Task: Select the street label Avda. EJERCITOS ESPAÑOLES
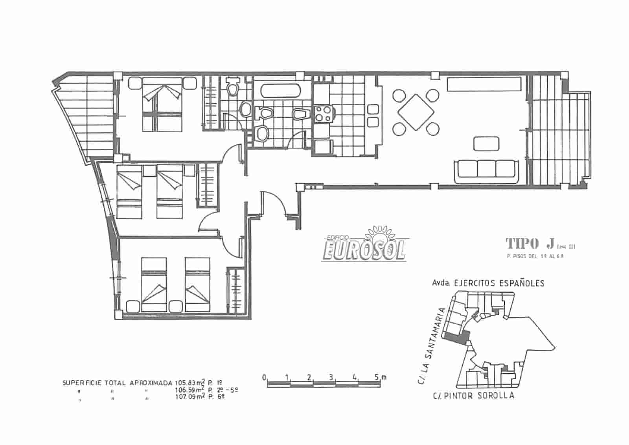point(488,283)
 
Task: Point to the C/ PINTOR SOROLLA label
point(473,396)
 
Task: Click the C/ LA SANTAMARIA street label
point(430,347)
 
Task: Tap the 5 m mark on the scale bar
point(379,377)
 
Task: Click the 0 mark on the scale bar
point(265,377)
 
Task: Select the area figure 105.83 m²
point(190,382)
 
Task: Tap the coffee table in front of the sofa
point(487,143)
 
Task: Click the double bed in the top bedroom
point(162,104)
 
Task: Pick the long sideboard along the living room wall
point(484,84)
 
